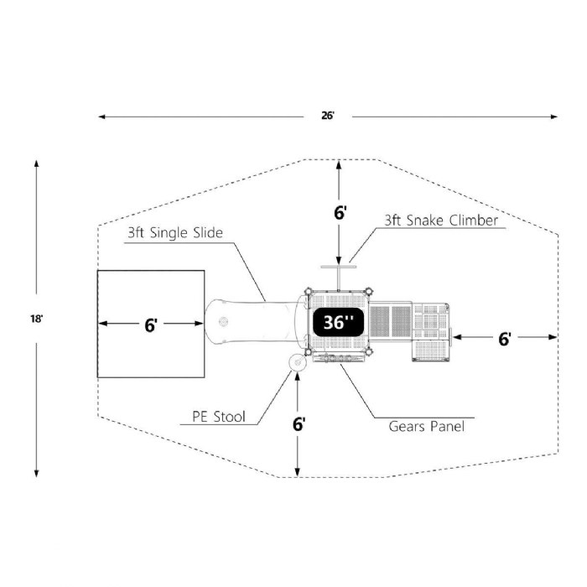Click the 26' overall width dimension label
pos(328,116)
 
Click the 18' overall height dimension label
pos(35,319)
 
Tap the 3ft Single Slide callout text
pos(174,233)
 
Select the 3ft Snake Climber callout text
pos(441,221)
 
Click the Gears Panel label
pos(426,426)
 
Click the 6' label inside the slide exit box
pos(150,325)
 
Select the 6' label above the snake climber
pos(339,213)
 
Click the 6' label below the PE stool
pos(299,423)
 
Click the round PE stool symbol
pos(297,363)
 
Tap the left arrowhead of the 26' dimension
pos(101,117)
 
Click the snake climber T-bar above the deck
pos(338,268)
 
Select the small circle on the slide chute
pos(223,322)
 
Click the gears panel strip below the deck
pos(340,358)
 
